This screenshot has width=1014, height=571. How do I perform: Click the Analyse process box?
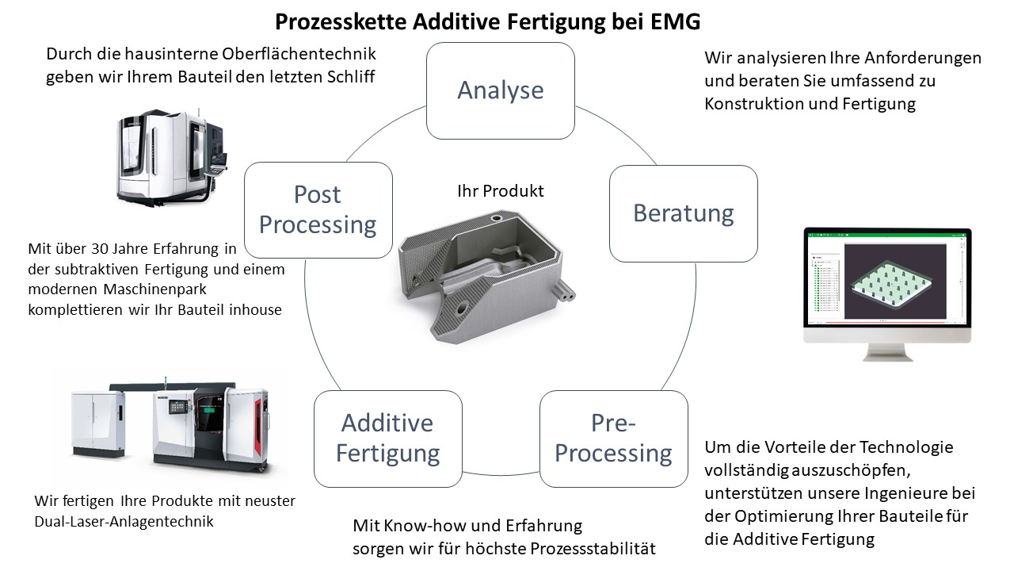pos(500,90)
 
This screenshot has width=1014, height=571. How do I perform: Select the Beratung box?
pos(684,213)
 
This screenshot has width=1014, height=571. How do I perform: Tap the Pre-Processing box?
pos(614,439)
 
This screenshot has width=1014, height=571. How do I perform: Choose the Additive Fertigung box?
pos(388,439)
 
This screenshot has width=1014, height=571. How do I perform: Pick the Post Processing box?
pos(318,210)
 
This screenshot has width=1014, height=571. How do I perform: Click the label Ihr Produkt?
pos(500,191)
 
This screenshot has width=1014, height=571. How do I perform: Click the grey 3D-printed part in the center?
pos(486,277)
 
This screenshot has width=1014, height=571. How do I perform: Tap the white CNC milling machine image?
pos(172,156)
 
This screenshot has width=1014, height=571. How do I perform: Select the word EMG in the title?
pos(676,21)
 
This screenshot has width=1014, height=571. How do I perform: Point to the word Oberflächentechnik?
pos(299,54)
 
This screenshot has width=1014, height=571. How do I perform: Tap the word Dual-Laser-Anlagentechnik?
pos(124,522)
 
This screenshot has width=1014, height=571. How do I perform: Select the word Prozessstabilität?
pos(593,549)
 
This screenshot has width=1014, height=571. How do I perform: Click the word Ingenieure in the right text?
pos(901,493)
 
